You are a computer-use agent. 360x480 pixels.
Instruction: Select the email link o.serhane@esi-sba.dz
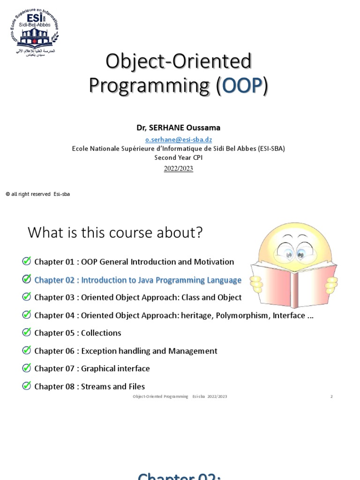coord(178,139)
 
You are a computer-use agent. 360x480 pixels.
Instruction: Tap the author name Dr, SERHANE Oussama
coord(178,127)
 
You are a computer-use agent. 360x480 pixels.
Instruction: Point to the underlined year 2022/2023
coord(178,168)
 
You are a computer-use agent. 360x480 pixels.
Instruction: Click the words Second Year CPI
coord(178,157)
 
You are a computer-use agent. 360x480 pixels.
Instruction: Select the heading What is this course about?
coord(115,232)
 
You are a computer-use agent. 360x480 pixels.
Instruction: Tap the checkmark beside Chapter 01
coord(27,261)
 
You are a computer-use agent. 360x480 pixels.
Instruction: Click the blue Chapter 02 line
coord(138,280)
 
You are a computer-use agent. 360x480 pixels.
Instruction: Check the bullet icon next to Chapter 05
coord(27,332)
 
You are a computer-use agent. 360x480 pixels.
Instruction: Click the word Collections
coord(101,333)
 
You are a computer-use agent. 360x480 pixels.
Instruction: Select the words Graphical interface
coord(115,368)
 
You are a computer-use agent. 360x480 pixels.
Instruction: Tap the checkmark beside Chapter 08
coord(27,386)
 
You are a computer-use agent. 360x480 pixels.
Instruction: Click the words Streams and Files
coord(113,386)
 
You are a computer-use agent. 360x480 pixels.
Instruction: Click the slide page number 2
coord(331,397)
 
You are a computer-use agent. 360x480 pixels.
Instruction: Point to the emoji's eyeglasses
coord(294,252)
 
